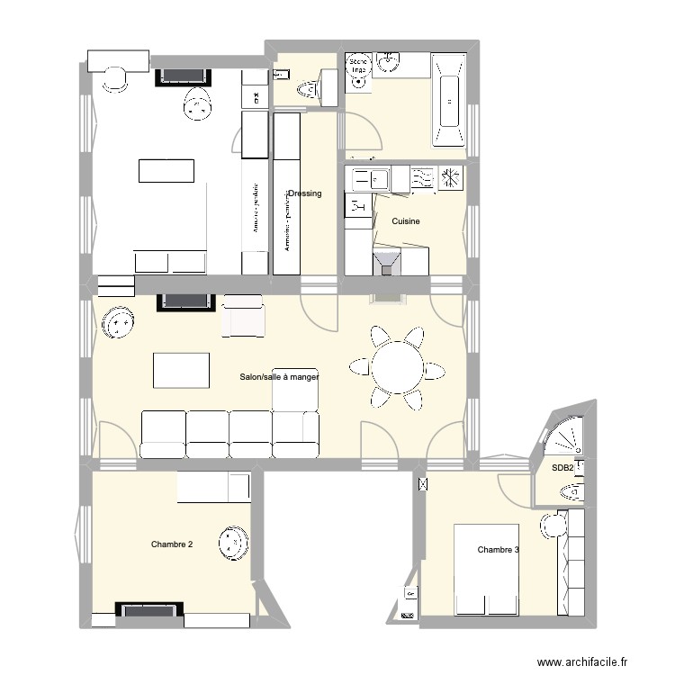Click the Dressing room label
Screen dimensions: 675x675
point(305,193)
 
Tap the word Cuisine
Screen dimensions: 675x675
point(406,220)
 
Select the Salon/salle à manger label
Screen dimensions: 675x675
point(279,378)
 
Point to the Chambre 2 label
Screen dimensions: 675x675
point(172,544)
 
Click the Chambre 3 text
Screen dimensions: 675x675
point(499,550)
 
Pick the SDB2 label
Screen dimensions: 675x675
point(562,468)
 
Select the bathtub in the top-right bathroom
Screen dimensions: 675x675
point(447,99)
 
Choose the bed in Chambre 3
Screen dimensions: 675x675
point(487,570)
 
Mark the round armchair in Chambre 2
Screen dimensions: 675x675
point(231,543)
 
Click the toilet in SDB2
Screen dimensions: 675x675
point(571,490)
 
